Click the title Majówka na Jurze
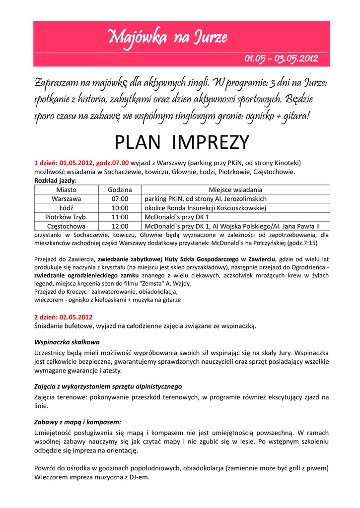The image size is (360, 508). coord(168,37)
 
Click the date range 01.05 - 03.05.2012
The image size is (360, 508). coord(281,59)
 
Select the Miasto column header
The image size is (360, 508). coord(66,190)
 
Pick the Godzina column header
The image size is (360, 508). coord(120,190)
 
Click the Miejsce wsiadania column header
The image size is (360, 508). coord(235,190)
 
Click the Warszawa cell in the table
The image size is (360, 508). coord(66,198)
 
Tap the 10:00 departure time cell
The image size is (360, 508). coord(120,208)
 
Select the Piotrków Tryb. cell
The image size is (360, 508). coord(66,217)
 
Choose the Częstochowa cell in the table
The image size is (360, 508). coord(66,226)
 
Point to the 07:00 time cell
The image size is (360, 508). coord(120,198)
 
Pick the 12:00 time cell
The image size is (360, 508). coord(120,226)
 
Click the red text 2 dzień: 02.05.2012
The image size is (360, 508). coord(63,317)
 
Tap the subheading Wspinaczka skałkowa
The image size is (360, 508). coord(67,342)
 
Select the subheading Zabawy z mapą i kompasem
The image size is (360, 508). coord(77,422)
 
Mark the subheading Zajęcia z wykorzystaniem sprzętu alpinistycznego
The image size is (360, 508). coord(108,386)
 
